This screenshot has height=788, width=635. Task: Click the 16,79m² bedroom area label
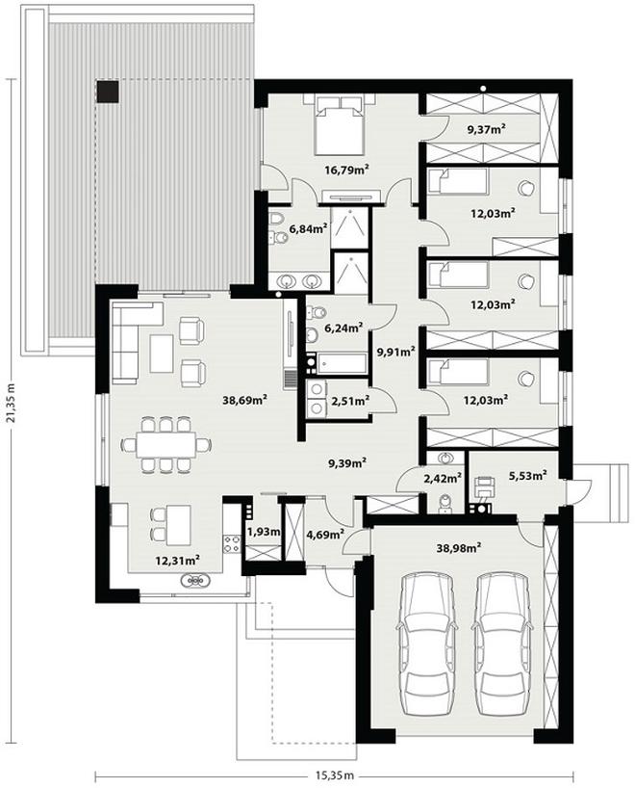point(346,170)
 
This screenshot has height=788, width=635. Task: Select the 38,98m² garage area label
point(459,548)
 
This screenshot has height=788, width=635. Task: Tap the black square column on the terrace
point(108,92)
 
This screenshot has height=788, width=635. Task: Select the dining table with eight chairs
point(166,445)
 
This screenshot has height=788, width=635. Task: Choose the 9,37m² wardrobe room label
point(487,129)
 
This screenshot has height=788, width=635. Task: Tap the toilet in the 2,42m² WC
point(444,504)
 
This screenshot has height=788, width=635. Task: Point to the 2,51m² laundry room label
point(351,401)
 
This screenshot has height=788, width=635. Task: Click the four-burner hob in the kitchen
point(233,542)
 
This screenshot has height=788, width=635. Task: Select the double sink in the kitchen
point(194,581)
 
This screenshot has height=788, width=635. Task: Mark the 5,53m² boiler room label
point(527,474)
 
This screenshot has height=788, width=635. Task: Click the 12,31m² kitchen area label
point(178,559)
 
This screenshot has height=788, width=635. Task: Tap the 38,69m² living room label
point(244,400)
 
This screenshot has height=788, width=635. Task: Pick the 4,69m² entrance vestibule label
point(325,534)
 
